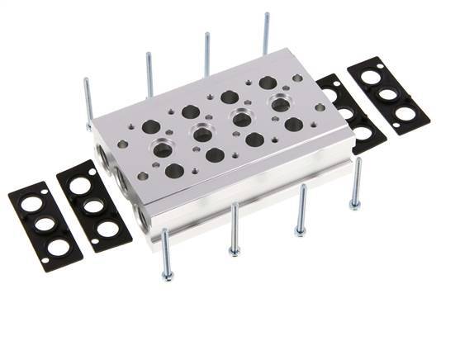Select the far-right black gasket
click(388, 95)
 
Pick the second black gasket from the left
click(92, 206)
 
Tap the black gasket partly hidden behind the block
click(351, 114)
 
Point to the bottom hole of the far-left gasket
click(57, 247)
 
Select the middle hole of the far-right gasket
click(388, 94)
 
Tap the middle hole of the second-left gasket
click(93, 206)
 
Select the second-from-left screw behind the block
click(149, 74)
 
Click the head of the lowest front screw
click(167, 276)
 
